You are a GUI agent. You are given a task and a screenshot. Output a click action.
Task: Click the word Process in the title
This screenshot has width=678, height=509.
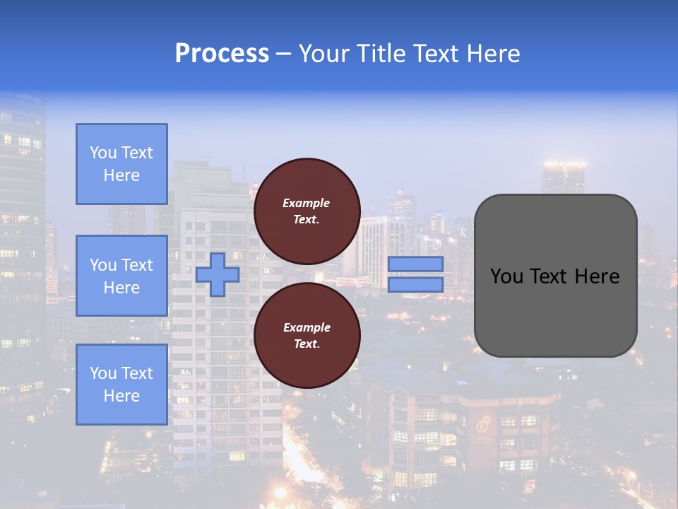click(222, 53)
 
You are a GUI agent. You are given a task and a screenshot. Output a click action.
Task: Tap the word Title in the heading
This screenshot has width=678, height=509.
click(380, 53)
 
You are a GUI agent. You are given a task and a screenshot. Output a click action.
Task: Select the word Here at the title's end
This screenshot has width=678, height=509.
click(493, 53)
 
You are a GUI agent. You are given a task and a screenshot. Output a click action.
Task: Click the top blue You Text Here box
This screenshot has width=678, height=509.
click(121, 164)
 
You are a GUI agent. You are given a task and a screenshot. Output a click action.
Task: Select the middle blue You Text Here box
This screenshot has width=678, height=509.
click(121, 276)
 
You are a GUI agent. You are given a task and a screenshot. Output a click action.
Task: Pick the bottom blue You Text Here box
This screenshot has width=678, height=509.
click(121, 384)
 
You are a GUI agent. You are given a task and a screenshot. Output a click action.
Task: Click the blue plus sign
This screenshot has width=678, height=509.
click(218, 274)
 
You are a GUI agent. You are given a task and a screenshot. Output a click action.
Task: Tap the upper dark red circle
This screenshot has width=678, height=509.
click(307, 211)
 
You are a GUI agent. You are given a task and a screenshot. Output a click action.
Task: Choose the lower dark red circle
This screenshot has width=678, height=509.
click(307, 335)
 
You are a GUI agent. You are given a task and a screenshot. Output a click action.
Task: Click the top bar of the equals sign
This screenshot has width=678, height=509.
click(415, 264)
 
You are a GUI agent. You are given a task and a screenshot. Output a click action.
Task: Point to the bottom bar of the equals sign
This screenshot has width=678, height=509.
click(415, 284)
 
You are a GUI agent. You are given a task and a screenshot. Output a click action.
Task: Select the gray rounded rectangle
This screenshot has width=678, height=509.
click(555, 276)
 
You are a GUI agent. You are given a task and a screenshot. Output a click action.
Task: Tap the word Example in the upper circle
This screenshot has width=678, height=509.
click(307, 203)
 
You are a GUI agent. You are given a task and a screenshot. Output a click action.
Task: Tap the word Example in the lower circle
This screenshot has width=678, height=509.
click(307, 327)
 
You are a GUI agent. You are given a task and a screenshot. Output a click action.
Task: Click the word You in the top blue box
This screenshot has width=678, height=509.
click(103, 153)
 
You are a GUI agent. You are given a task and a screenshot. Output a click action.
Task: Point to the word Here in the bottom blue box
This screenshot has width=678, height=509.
click(121, 396)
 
